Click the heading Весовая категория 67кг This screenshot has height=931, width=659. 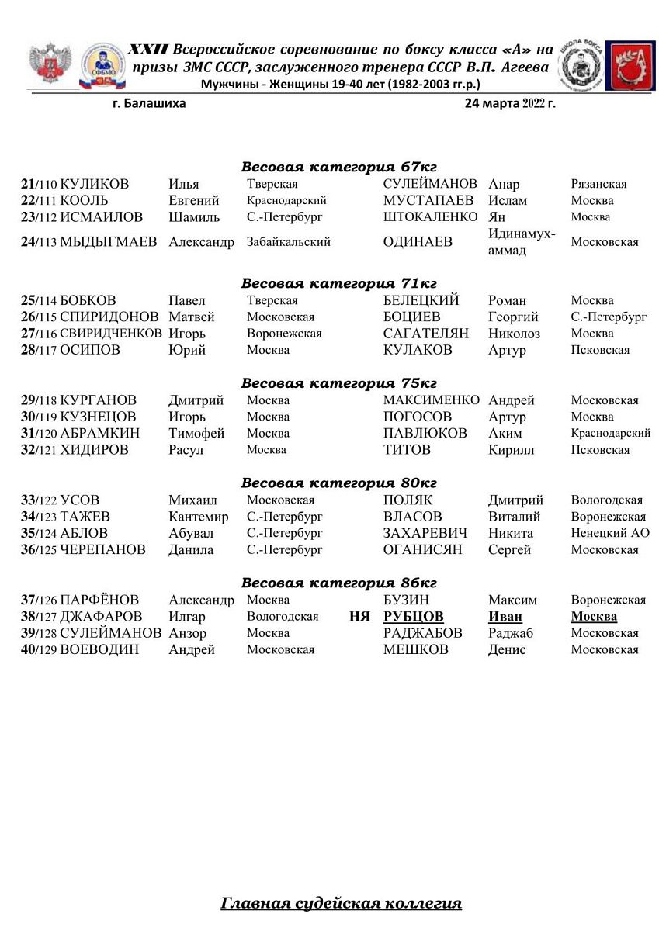[x=339, y=168]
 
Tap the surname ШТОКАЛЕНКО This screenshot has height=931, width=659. [x=430, y=217]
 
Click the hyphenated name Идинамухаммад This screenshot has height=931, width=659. [x=522, y=242]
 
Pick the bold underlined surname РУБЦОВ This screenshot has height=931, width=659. [x=414, y=617]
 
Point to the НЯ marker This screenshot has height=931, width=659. [x=359, y=617]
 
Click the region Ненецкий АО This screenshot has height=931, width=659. [x=610, y=534]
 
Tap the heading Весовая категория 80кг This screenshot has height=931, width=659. [x=339, y=483]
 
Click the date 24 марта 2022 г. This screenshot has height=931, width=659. [x=510, y=103]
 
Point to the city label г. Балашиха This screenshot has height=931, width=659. [x=149, y=103]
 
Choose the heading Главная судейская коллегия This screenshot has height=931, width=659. [x=342, y=903]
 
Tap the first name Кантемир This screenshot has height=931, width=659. [x=199, y=517]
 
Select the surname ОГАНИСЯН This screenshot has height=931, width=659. [x=422, y=550]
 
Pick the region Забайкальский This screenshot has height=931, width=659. [x=289, y=242]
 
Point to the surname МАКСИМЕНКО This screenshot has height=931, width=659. [x=432, y=400]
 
